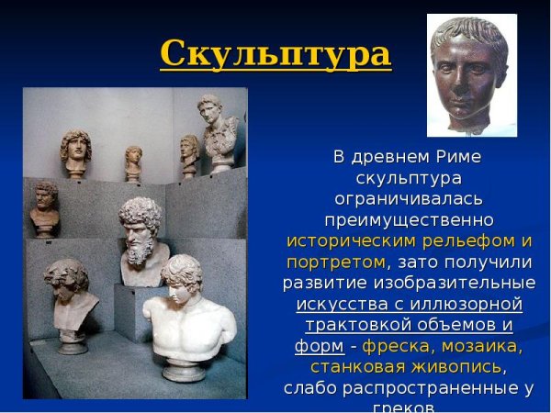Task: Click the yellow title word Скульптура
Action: (275, 53)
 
